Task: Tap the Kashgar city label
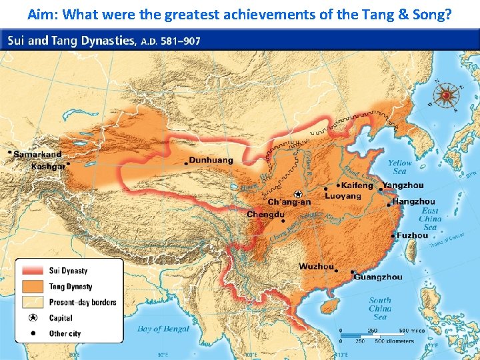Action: coord(48,166)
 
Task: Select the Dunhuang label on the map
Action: coord(211,160)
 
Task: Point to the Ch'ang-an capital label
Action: coord(289,201)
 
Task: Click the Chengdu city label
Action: coord(265,215)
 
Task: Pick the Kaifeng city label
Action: coord(357,185)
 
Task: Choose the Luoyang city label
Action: coord(343,196)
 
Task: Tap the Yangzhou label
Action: coord(403,185)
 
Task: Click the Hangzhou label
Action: coord(413,201)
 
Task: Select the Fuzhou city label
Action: coord(412,235)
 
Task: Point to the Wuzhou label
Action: coord(316,267)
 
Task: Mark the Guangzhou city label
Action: coord(378,277)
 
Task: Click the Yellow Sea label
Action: coord(400,167)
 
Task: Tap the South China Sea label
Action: coord(380,309)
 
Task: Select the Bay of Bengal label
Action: coord(163,329)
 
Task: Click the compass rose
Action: coord(445,95)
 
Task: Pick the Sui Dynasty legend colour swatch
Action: coord(32,271)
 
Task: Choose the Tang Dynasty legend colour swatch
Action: coord(32,287)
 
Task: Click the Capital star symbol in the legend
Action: coord(32,318)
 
